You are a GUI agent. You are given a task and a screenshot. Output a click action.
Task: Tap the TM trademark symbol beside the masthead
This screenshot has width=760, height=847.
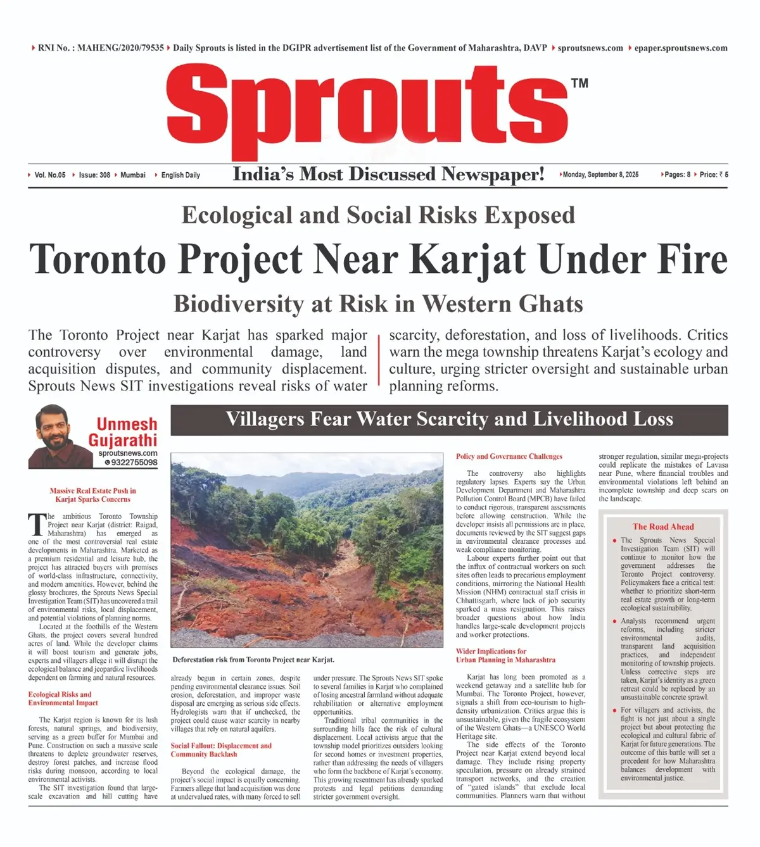[x=579, y=83]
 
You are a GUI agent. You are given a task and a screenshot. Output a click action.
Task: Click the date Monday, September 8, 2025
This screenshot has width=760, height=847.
[x=600, y=175]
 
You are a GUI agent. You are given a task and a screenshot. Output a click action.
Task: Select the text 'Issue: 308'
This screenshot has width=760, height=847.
[x=94, y=175]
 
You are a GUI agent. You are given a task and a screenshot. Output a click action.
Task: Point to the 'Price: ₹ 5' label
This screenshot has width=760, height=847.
[x=714, y=175]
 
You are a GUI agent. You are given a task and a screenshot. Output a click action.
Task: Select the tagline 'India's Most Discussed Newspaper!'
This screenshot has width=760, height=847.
[x=388, y=174]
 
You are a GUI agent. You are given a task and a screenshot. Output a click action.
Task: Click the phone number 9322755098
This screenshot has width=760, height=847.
[x=134, y=463]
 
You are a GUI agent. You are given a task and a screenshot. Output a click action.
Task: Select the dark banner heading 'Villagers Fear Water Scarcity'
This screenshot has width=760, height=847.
[x=449, y=419]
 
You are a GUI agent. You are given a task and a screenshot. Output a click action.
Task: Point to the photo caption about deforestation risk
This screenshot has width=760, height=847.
[x=253, y=660]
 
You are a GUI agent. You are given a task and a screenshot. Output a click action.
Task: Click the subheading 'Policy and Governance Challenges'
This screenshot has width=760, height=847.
[x=509, y=456]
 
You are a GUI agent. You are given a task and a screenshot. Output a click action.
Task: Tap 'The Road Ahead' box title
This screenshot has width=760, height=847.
[x=663, y=527]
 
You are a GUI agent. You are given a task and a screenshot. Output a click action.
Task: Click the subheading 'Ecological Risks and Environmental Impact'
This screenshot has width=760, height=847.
[x=63, y=699]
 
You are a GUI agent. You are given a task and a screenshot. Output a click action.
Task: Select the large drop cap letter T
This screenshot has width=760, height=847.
[x=37, y=525]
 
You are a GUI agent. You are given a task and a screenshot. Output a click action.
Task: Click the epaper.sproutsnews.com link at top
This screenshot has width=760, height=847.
[x=681, y=48]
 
